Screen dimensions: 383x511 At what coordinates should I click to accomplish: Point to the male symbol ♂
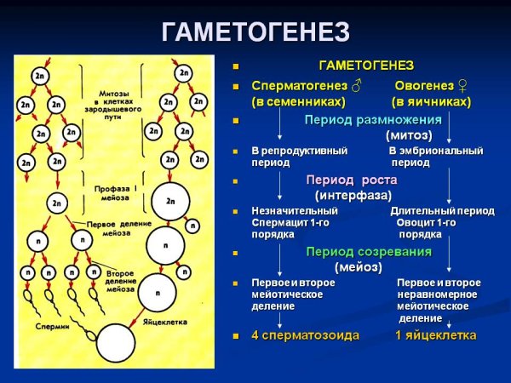pyautogui.click(x=356, y=86)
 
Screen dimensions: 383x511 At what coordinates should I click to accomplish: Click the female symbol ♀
pyautogui.click(x=463, y=86)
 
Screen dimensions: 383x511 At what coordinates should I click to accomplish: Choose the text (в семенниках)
pyautogui.click(x=298, y=101)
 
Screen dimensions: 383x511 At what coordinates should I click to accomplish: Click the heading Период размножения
pyautogui.click(x=373, y=119)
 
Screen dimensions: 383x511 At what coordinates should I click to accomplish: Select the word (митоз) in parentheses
pyautogui.click(x=409, y=134)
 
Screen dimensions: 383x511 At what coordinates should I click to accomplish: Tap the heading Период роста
pyautogui.click(x=352, y=180)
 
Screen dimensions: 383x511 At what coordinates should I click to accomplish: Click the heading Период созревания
pyautogui.click(x=369, y=251)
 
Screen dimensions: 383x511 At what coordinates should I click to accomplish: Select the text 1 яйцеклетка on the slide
pyautogui.click(x=435, y=335)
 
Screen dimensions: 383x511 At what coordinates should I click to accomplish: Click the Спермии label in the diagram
pyautogui.click(x=52, y=325)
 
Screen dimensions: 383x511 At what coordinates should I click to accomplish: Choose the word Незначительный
pyautogui.click(x=295, y=210)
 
